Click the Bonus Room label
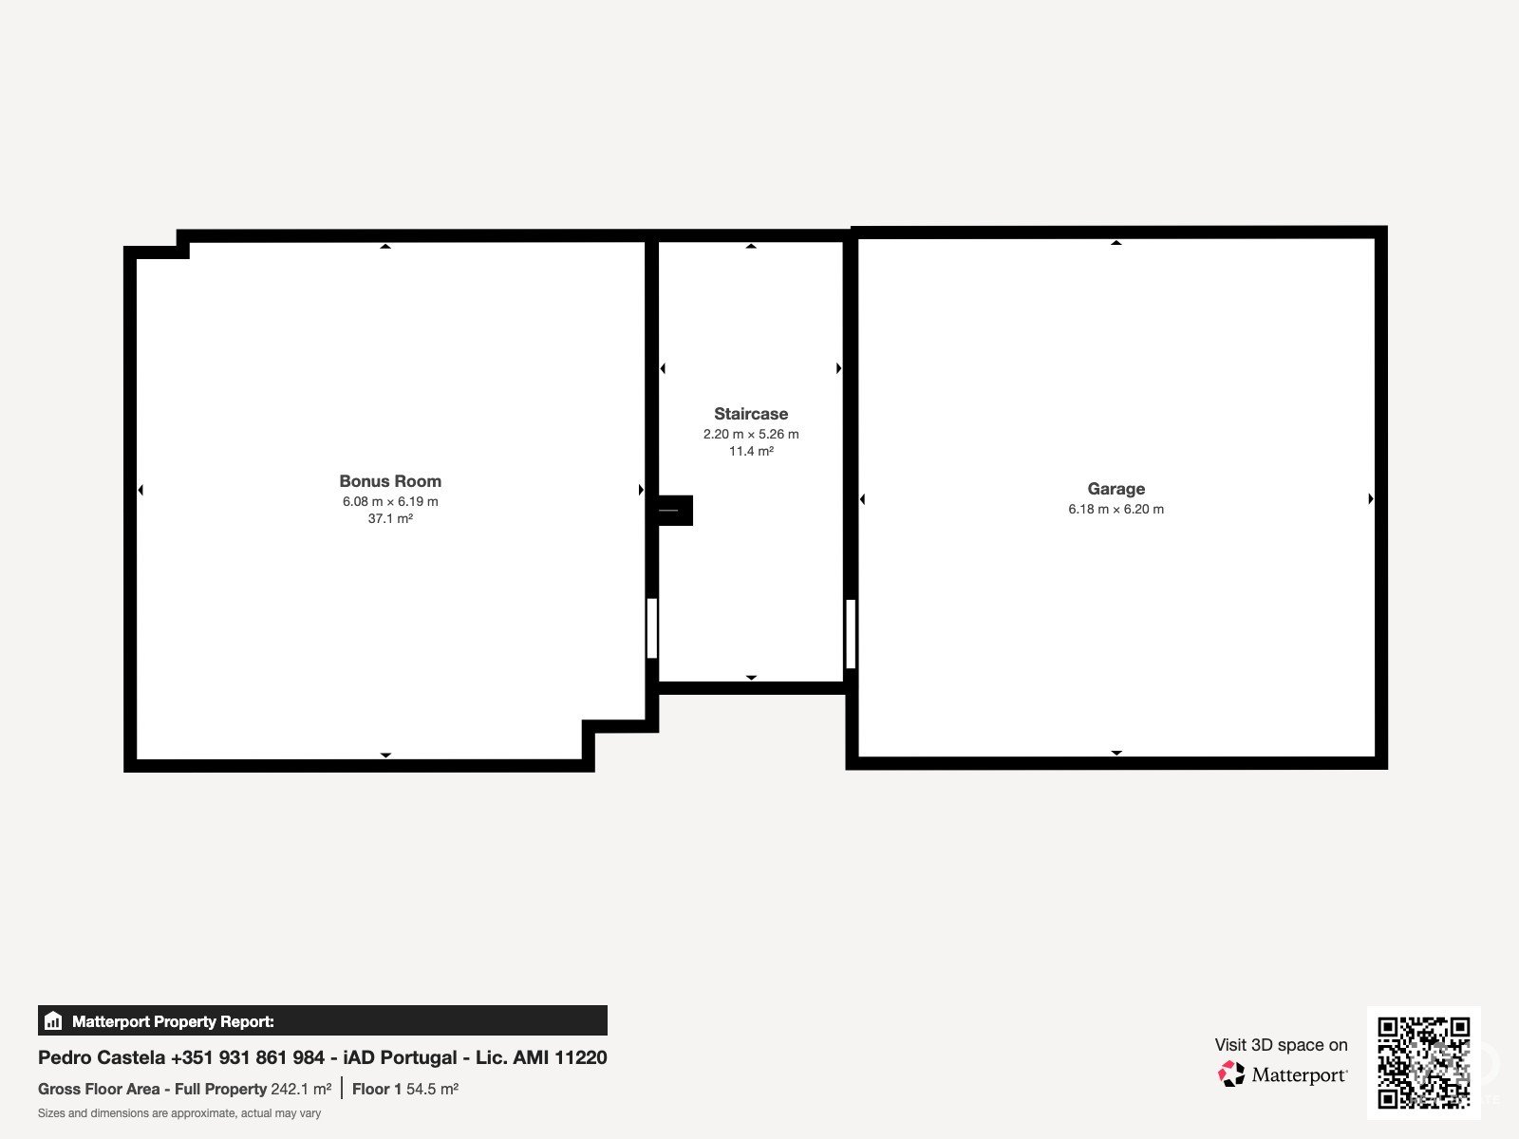click(x=390, y=481)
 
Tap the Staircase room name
click(x=751, y=414)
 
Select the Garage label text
click(x=1116, y=489)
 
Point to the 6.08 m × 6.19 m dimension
click(x=390, y=501)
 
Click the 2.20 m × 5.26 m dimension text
click(x=751, y=435)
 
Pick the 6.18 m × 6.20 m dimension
click(x=1116, y=510)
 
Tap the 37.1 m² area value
click(x=390, y=518)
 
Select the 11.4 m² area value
click(x=751, y=452)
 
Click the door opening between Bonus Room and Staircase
click(x=652, y=628)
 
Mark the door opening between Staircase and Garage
click(x=851, y=633)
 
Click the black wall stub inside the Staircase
click(x=675, y=511)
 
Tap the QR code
click(x=1423, y=1063)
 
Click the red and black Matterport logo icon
click(x=1231, y=1074)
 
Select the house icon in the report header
click(x=53, y=1020)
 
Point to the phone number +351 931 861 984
click(x=248, y=1057)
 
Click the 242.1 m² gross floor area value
click(x=301, y=1090)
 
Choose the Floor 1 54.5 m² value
click(x=404, y=1090)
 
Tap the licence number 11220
click(x=581, y=1057)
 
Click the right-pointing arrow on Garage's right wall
click(x=1371, y=498)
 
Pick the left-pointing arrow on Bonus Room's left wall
click(x=141, y=491)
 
